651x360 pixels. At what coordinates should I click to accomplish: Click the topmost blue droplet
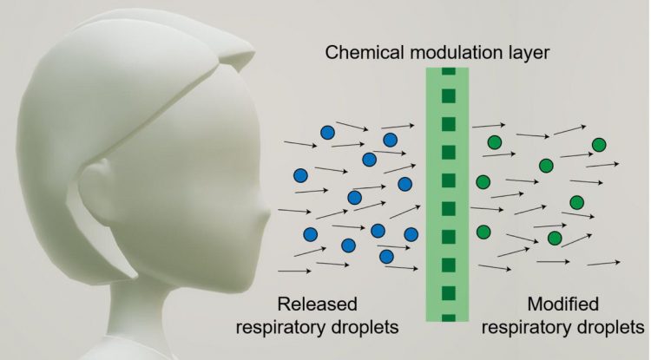click(x=327, y=133)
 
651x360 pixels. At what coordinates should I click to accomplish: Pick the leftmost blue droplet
click(x=300, y=174)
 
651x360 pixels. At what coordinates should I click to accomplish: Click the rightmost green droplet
click(x=599, y=144)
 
